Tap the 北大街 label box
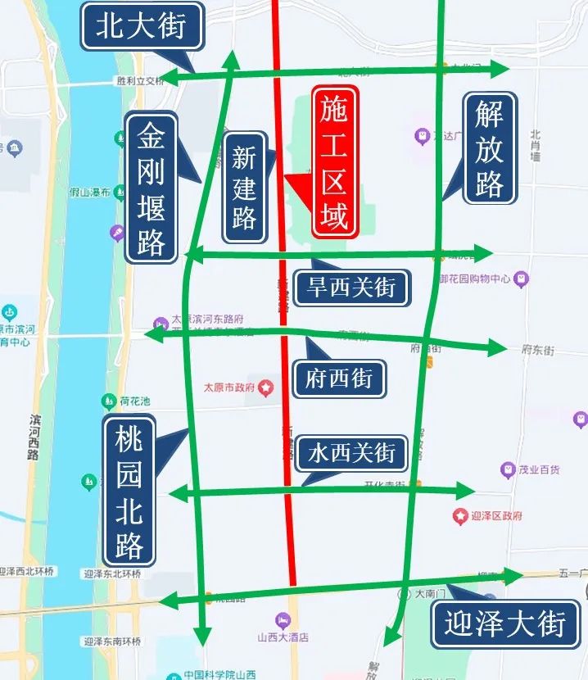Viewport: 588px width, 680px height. pos(141,26)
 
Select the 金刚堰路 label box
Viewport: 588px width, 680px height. pos(152,188)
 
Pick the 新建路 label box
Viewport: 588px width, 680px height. pos(244,187)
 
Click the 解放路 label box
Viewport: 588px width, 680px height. pos(489,148)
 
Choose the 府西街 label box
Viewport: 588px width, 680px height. pos(338,379)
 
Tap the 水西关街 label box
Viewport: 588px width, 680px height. pos(351,452)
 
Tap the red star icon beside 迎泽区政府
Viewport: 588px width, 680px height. pos(460,516)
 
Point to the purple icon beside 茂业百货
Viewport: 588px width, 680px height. pos(508,469)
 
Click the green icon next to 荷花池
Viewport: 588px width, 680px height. pos(109,401)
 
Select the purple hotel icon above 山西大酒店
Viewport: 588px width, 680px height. pos(283,620)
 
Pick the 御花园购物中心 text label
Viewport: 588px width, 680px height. pos(475,279)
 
